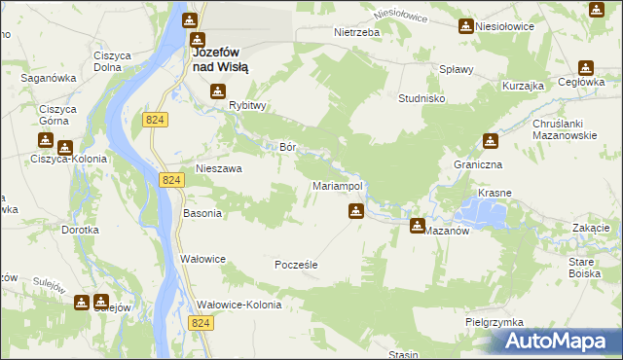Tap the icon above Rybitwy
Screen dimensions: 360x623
point(217,91)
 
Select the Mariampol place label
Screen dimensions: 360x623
point(337,185)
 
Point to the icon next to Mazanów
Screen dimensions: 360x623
point(418,226)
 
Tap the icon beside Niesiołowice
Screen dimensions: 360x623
point(466,25)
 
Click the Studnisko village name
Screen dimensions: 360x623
point(422,99)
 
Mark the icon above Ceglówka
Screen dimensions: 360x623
point(585,68)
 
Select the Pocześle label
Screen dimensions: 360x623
point(297,265)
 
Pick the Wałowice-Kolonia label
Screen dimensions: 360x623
point(238,305)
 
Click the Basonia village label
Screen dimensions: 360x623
point(202,213)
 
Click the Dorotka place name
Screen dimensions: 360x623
point(80,231)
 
